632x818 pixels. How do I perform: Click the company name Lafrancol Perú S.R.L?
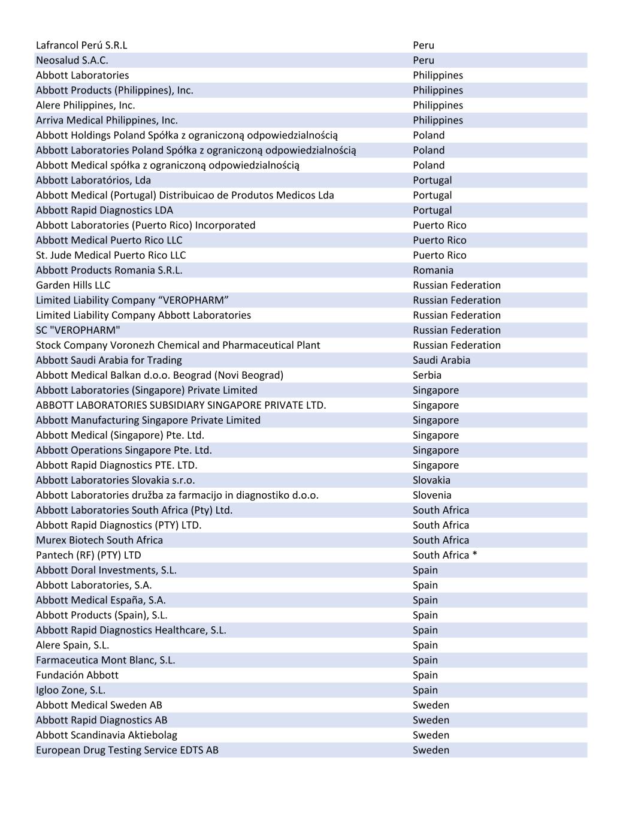[81, 45]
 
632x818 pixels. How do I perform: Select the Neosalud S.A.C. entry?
[72, 60]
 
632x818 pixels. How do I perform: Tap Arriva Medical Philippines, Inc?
[107, 120]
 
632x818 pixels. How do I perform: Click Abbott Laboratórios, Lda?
[93, 180]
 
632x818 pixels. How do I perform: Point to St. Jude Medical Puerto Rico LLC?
[111, 255]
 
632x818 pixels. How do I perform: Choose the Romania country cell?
[433, 270]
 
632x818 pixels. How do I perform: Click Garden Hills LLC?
[73, 285]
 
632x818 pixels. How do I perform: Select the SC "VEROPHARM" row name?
[78, 330]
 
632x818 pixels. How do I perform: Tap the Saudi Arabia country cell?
[442, 360]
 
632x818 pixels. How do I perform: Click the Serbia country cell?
[427, 375]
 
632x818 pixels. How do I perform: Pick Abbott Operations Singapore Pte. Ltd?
[124, 450]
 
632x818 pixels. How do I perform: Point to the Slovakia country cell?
[431, 480]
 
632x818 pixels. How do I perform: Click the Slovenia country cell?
[432, 495]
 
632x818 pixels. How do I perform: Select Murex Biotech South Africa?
[99, 540]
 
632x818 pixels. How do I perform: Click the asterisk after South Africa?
[475, 555]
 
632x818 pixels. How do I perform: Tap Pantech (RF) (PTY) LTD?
[89, 555]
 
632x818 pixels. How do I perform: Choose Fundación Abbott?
[77, 675]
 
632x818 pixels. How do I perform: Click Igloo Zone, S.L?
[71, 690]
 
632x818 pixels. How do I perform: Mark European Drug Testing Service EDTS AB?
[127, 750]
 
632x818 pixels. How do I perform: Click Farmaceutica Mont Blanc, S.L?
[105, 660]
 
